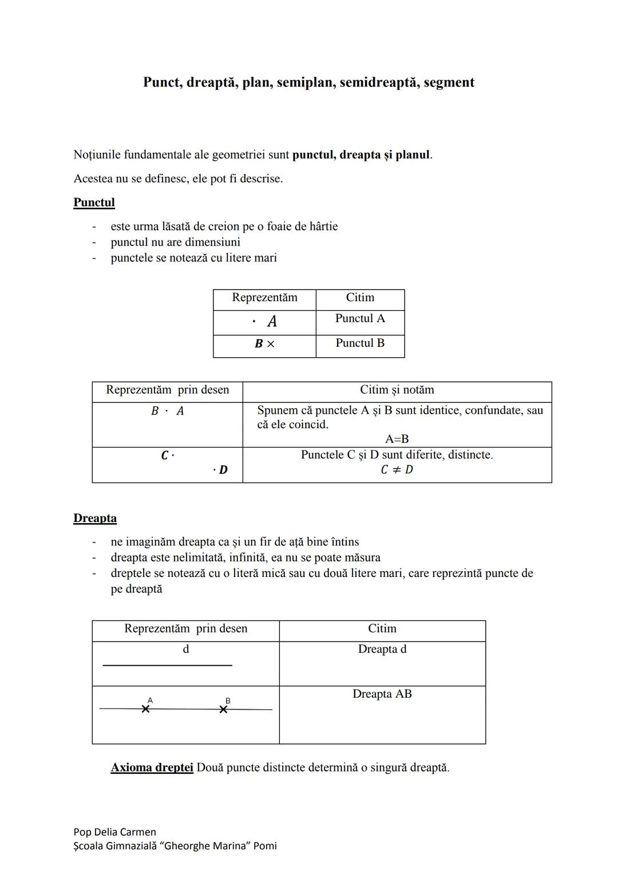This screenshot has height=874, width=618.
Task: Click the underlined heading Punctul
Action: tap(94, 203)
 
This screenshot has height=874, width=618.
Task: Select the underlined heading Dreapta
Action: tap(95, 519)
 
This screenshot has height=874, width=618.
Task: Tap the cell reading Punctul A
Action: tap(360, 319)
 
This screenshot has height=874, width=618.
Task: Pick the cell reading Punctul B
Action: tap(360, 343)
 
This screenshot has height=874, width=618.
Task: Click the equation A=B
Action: tap(397, 439)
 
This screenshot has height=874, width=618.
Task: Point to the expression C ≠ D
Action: tap(397, 470)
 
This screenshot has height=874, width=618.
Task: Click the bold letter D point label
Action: tap(223, 470)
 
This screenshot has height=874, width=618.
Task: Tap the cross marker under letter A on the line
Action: tap(146, 709)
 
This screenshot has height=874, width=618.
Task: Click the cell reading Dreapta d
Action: tap(382, 650)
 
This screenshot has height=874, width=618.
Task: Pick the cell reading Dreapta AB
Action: tap(382, 694)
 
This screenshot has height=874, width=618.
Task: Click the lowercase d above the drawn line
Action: tap(185, 649)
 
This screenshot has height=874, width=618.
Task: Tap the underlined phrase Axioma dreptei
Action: tap(152, 768)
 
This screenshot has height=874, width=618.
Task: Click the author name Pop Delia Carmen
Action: tap(114, 832)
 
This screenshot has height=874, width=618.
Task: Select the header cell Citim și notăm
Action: tap(397, 390)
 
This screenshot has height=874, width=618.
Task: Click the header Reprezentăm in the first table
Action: tap(264, 298)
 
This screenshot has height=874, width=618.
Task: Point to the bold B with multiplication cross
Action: tap(264, 344)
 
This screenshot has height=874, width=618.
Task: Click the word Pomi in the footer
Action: tap(265, 846)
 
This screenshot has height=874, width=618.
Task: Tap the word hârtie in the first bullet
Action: tap(323, 227)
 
